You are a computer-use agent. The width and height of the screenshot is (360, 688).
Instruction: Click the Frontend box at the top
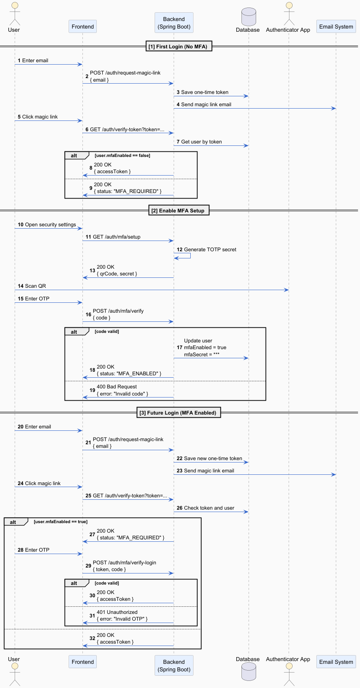coord(82,27)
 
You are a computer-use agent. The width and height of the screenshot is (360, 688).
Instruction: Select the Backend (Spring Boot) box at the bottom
coord(174,665)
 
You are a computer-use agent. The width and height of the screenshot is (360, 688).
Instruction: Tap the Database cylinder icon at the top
coord(249,17)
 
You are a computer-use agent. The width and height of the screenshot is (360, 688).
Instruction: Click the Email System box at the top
coord(336,27)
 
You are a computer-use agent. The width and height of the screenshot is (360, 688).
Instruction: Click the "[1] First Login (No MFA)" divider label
coord(178,46)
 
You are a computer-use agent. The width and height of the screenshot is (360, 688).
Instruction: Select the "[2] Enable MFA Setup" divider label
coord(178,210)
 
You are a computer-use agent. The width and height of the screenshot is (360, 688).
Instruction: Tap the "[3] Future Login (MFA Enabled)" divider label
coord(178,413)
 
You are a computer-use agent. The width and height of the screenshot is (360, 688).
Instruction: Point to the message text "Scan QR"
coord(35,286)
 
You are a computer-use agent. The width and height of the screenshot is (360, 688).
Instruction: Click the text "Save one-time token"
coord(205,92)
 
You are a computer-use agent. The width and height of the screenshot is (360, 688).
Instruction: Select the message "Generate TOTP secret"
coord(210,249)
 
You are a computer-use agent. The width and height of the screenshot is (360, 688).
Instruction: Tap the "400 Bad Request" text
coord(117,387)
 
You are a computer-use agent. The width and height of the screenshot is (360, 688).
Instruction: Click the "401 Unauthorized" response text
coord(117,612)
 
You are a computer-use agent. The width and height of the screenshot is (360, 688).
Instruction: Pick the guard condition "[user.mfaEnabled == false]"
coord(123,155)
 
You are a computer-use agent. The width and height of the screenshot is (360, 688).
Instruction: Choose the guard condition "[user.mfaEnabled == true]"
coord(61,522)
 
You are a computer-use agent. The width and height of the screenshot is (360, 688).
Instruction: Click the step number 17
coord(180,348)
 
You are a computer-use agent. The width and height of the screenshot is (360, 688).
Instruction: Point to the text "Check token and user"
coord(209,508)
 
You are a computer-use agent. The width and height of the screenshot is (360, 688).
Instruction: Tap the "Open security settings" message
coord(50,225)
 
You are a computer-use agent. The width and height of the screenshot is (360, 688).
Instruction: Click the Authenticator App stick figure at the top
coord(289,13)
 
